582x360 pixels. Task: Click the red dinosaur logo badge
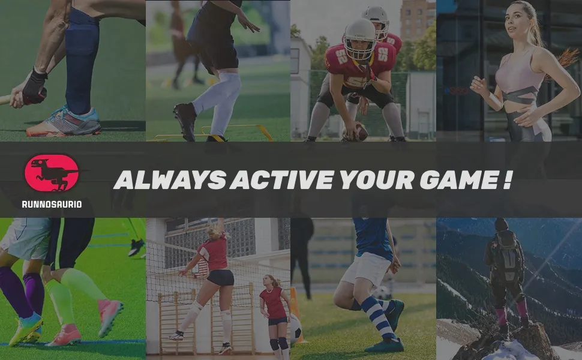(51, 173)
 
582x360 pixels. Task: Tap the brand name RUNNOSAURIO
(52, 204)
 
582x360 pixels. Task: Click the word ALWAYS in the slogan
(170, 180)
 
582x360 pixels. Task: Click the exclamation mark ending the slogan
(508, 180)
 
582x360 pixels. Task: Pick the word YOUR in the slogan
(376, 180)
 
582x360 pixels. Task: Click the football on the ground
(358, 133)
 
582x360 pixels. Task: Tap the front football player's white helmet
(359, 38)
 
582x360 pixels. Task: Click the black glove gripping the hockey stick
(35, 87)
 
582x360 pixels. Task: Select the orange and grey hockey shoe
(64, 122)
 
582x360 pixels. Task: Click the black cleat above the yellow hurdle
(185, 120)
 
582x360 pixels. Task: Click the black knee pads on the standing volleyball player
(279, 344)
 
